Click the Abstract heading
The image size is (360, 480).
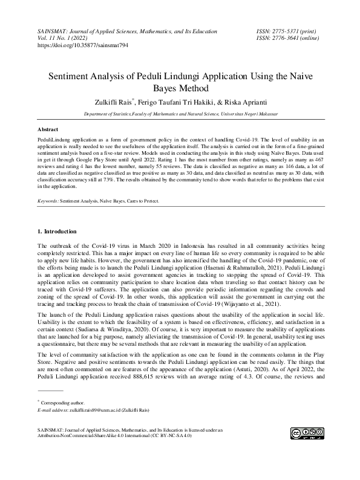[48, 129]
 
